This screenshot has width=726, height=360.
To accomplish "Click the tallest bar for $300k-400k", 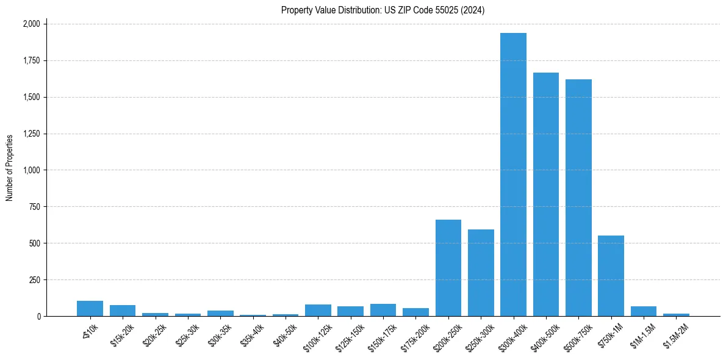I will point(513,175).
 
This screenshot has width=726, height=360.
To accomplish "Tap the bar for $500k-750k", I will point(578,198).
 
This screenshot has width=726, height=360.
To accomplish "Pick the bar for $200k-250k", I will point(448,268).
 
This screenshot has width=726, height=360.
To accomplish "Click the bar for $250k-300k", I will point(481,273).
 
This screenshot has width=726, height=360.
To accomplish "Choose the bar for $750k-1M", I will point(611,276).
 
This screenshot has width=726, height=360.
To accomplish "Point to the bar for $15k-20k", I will point(123,311).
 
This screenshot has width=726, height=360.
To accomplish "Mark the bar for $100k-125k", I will point(318,310).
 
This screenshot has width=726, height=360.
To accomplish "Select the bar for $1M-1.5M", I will point(643,311).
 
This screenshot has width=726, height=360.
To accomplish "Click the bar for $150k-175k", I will point(383,310).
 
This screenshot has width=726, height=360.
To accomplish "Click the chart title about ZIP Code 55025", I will point(383,10).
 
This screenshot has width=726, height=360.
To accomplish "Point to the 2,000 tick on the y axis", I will point(32,24).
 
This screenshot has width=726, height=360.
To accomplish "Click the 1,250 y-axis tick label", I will point(32,134).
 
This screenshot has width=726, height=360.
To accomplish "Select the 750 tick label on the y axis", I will point(35,207).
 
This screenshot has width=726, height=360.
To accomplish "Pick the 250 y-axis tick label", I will point(35,280).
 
